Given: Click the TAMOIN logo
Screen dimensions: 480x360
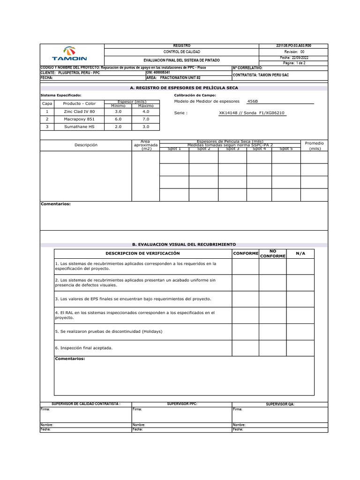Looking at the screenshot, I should point(69,54).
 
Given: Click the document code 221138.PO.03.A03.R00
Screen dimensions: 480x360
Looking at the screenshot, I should point(294,45).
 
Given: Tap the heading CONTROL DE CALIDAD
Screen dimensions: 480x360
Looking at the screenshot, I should point(181,52).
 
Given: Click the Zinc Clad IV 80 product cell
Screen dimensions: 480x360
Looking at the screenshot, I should point(79,112).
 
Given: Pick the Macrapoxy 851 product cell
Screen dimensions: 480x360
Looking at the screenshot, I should point(79,119).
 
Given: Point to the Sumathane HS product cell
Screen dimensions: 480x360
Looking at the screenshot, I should point(79,127).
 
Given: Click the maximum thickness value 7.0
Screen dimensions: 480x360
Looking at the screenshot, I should point(146,119).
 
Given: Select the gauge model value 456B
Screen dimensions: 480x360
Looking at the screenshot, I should point(252,101).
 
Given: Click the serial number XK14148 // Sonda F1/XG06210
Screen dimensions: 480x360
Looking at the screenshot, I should point(252,113).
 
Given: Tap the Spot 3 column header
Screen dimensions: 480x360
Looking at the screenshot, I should point(232,149).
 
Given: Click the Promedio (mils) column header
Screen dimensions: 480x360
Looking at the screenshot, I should point(314,145).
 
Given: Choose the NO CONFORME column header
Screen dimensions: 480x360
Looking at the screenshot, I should point(272,254).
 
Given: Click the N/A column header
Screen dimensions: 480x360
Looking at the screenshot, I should point(300,253).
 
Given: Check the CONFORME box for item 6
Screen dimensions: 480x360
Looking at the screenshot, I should point(246,348).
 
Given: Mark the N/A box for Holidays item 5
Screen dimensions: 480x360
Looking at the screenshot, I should point(300,331).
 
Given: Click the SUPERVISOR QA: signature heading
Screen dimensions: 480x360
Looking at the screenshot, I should point(280,404).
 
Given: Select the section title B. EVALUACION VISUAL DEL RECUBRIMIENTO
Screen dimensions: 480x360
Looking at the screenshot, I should point(184,245).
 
